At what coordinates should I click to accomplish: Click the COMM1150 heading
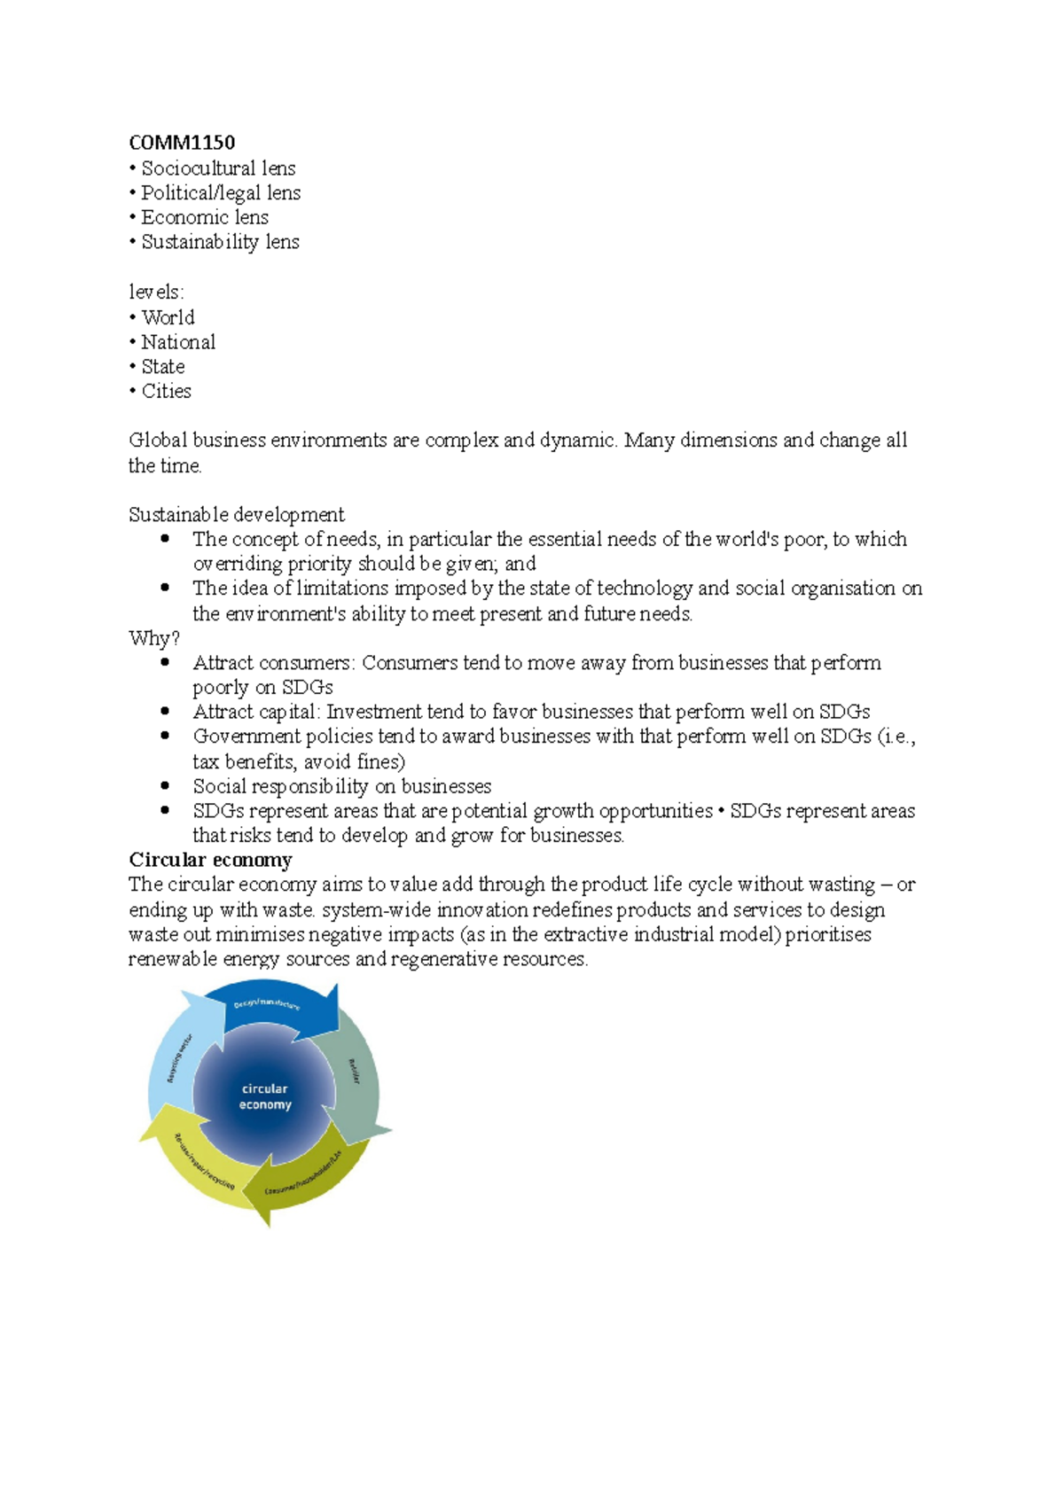click(x=182, y=143)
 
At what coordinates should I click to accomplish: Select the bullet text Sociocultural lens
click(x=218, y=168)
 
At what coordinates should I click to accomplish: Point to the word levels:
click(x=156, y=292)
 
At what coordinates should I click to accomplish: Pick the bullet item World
click(x=168, y=317)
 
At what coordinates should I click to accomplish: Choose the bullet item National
click(x=178, y=342)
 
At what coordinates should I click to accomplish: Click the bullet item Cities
click(x=166, y=391)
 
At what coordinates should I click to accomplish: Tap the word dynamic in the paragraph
click(x=576, y=441)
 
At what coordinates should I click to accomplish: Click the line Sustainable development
click(x=237, y=515)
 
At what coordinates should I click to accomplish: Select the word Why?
click(x=154, y=638)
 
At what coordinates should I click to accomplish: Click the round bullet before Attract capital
click(x=165, y=711)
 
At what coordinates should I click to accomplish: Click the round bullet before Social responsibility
click(x=165, y=785)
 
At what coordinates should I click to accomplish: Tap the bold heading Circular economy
click(x=210, y=860)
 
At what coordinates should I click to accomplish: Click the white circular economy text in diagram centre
click(x=264, y=1096)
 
